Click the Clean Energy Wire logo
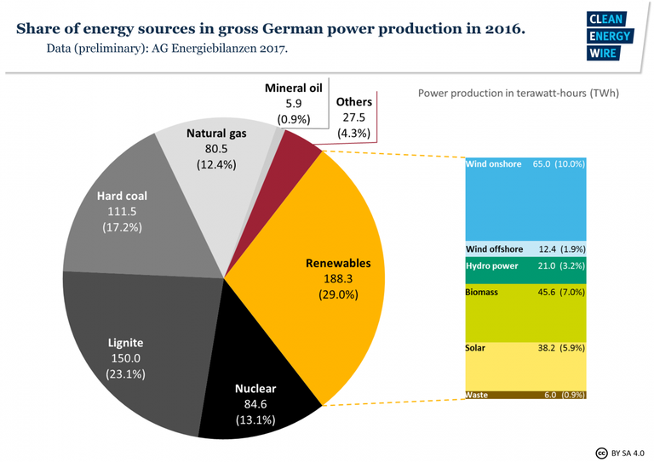click(x=608, y=37)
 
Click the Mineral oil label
click(x=293, y=88)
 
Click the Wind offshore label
click(x=494, y=249)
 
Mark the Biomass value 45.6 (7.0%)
click(x=562, y=292)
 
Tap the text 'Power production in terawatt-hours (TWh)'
click(x=518, y=93)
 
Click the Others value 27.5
click(x=353, y=117)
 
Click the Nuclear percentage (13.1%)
click(x=256, y=420)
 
